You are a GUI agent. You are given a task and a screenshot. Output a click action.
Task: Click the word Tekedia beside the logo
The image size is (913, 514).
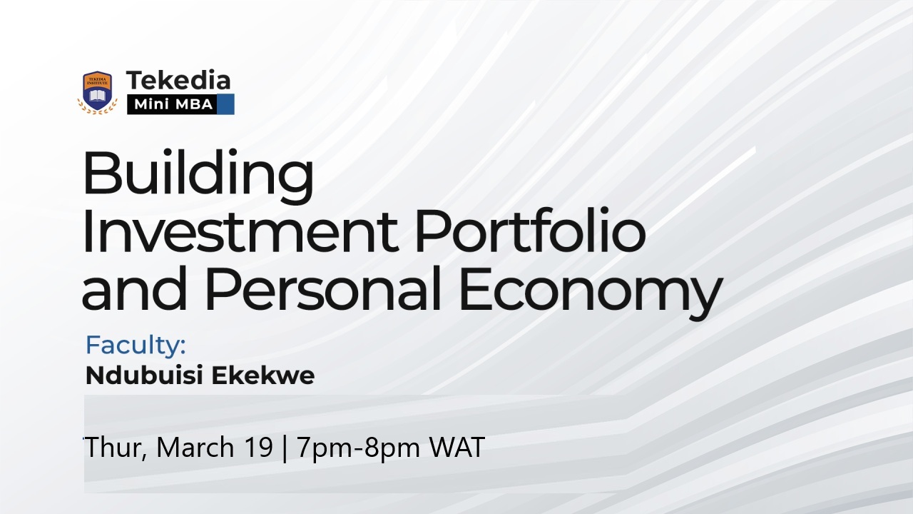click(x=178, y=80)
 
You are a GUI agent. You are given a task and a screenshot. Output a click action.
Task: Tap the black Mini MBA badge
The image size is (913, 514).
click(x=172, y=104)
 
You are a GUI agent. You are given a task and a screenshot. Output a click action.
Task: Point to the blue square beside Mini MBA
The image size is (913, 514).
click(x=225, y=104)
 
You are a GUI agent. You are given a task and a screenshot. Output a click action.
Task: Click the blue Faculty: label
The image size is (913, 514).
click(x=136, y=346)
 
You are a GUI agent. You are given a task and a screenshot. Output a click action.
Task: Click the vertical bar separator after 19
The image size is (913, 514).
click(x=285, y=448)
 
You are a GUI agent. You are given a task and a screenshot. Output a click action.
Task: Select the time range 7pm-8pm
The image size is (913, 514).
click(x=359, y=448)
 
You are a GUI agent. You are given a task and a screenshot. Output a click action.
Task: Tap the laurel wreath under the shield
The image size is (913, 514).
click(x=97, y=109)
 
